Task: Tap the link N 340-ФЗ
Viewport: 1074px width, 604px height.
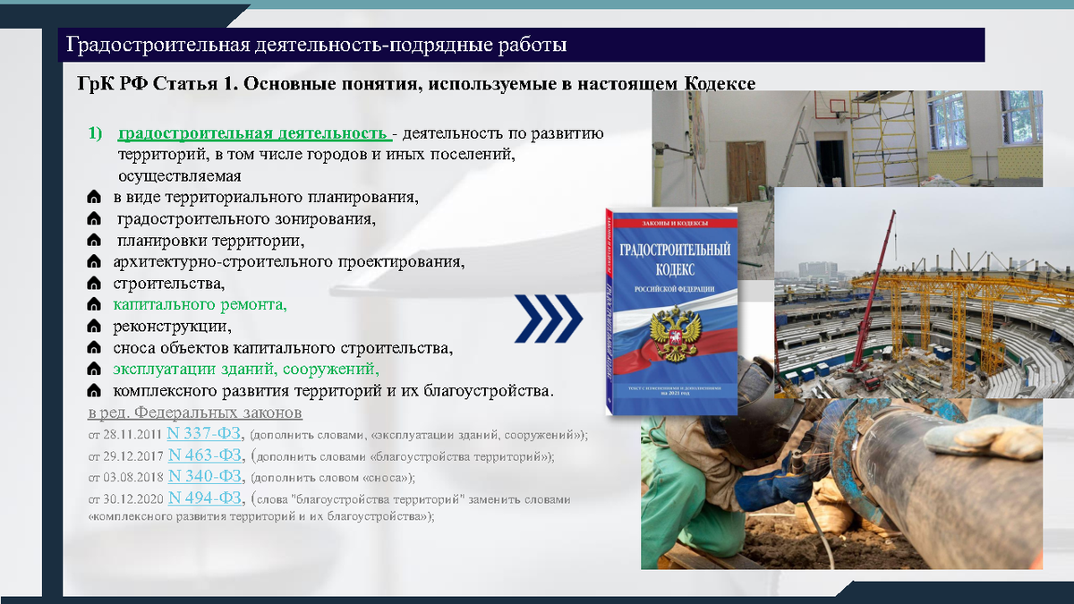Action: point(205,476)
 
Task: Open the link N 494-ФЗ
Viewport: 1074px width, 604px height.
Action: point(205,498)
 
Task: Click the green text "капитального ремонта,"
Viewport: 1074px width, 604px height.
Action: point(200,305)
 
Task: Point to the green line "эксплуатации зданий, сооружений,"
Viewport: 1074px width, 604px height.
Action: point(246,370)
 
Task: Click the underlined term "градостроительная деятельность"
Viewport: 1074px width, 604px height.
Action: point(253,134)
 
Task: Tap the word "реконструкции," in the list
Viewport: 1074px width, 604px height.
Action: point(172,326)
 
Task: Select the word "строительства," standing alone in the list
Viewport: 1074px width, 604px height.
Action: point(169,285)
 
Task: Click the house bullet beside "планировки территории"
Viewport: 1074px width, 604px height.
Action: point(94,242)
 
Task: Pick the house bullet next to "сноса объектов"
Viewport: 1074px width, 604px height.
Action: point(94,348)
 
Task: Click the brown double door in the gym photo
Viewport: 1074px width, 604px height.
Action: point(746,171)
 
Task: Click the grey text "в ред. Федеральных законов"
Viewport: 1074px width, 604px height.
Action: point(195,413)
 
